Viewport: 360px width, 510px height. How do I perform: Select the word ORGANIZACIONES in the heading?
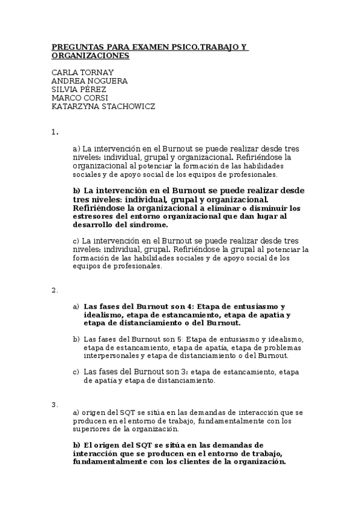(90, 55)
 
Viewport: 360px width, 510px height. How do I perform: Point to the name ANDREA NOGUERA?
(90, 81)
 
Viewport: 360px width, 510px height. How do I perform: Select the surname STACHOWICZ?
(129, 106)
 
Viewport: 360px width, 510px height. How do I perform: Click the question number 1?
(54, 131)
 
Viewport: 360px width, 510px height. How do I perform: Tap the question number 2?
(54, 290)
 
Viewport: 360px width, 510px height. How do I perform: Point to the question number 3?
(54, 404)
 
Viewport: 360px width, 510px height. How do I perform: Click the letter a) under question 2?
(76, 306)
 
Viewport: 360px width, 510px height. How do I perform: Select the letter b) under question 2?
(76, 339)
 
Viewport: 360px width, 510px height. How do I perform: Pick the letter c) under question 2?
(76, 372)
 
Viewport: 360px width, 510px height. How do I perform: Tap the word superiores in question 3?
(91, 429)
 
